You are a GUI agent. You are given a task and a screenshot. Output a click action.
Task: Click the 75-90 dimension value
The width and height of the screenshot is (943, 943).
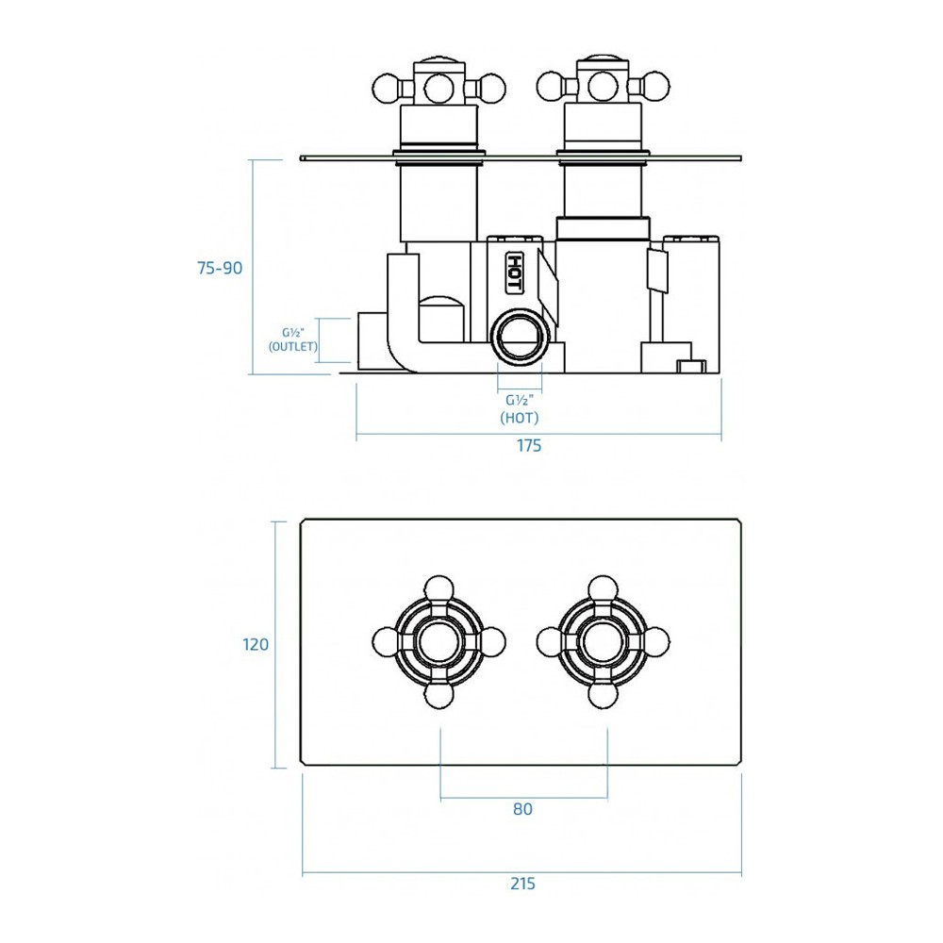220,268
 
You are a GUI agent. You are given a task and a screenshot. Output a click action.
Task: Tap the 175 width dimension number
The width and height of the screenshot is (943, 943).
529,446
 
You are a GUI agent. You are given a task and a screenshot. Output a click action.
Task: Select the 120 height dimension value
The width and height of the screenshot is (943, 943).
255,645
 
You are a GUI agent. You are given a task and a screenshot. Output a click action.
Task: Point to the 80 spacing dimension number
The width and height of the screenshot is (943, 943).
522,809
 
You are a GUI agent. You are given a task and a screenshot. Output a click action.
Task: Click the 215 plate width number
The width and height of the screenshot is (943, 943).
522,884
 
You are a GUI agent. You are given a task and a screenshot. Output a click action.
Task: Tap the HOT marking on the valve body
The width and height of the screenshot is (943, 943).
515,273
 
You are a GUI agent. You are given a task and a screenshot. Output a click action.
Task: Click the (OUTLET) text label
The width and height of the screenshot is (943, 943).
293,346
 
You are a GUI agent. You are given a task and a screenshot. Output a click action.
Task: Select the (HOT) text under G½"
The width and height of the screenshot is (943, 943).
520,418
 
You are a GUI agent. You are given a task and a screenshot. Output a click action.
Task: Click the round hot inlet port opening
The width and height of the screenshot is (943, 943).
521,336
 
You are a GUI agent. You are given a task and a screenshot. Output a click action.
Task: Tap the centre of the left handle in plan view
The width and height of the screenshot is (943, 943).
439,642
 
